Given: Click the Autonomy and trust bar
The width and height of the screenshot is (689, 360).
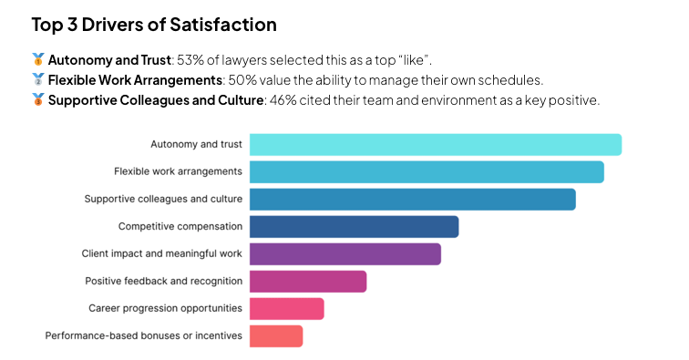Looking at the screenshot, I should tap(436, 145).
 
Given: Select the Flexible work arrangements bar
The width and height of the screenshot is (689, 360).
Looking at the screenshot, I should tap(427, 171).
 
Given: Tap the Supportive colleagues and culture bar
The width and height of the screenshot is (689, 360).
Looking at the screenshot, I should tap(412, 199).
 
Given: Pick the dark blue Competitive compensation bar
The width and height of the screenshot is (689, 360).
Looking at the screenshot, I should tap(354, 226).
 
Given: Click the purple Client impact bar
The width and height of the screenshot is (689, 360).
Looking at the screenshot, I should tap(344, 253).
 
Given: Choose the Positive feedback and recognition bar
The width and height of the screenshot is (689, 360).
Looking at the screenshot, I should tap(308, 281).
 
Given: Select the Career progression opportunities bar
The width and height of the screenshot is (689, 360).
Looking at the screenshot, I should tap(286, 308).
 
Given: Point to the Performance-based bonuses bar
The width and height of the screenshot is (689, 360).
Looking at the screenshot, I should tap(275, 335).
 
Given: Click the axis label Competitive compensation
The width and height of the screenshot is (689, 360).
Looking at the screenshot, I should tap(180, 226).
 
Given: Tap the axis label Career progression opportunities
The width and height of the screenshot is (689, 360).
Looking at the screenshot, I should tap(165, 308).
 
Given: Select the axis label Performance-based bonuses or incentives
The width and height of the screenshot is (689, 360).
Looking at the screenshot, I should tap(144, 335).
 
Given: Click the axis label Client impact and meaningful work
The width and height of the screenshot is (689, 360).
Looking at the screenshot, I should tap(162, 253).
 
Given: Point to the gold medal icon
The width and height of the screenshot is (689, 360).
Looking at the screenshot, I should tap(37, 60).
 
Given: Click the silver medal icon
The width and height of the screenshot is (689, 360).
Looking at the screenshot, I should tap(37, 80).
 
